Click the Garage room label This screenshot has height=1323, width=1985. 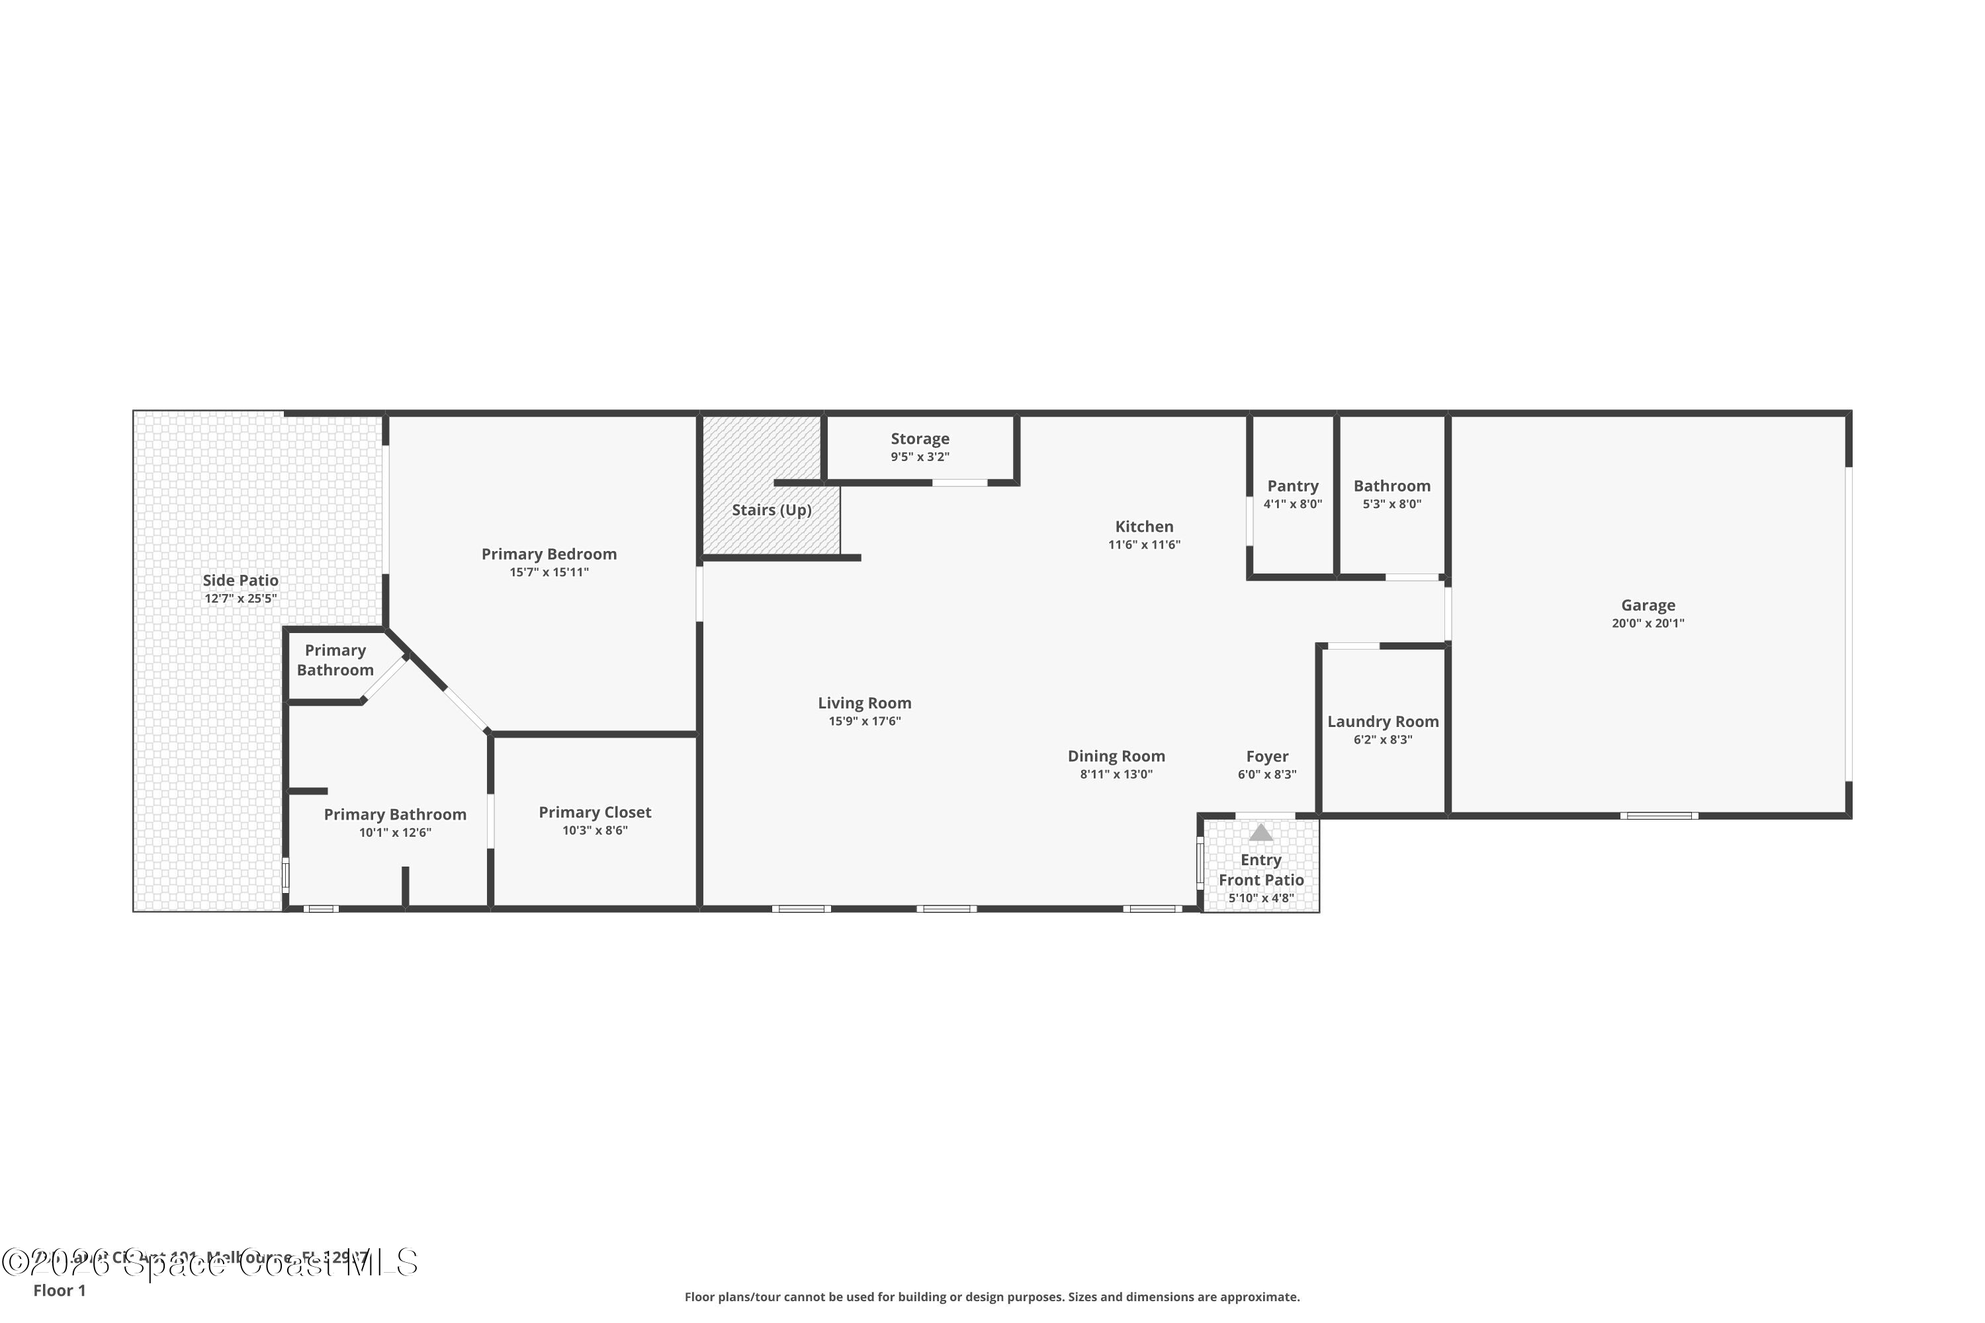(x=1648, y=605)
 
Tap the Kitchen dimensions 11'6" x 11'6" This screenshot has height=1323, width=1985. (x=1143, y=545)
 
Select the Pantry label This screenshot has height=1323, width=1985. (x=1292, y=486)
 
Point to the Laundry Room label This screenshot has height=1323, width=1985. (x=1382, y=722)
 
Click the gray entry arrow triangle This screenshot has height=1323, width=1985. (x=1260, y=833)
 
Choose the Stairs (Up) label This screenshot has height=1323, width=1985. (x=772, y=509)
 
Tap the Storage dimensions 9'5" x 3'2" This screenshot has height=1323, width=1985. (x=920, y=457)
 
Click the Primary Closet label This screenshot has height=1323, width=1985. (x=595, y=812)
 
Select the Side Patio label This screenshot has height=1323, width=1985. (x=241, y=579)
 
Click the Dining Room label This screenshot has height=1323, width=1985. (x=1116, y=756)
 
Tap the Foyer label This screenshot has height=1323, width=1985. (x=1267, y=756)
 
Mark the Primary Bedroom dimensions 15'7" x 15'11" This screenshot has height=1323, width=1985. (x=549, y=572)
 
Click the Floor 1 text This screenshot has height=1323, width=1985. (x=59, y=1290)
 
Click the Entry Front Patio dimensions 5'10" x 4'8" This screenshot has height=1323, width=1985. (x=1261, y=898)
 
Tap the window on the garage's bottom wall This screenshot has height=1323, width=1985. (x=1658, y=815)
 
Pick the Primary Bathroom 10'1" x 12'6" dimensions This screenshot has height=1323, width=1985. (x=395, y=833)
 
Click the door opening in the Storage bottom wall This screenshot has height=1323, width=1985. (x=959, y=483)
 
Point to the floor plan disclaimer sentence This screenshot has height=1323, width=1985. (x=992, y=1297)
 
